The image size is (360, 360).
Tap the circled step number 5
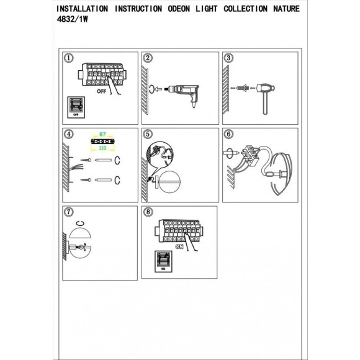[147, 133]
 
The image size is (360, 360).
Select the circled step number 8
[147, 211]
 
